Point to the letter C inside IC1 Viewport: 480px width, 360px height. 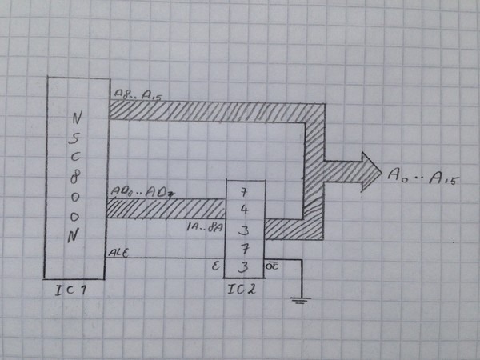coord(76,155)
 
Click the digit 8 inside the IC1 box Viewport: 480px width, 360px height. coord(76,175)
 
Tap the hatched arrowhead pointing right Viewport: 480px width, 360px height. coord(363,171)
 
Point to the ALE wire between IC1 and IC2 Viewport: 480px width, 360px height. coord(168,258)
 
